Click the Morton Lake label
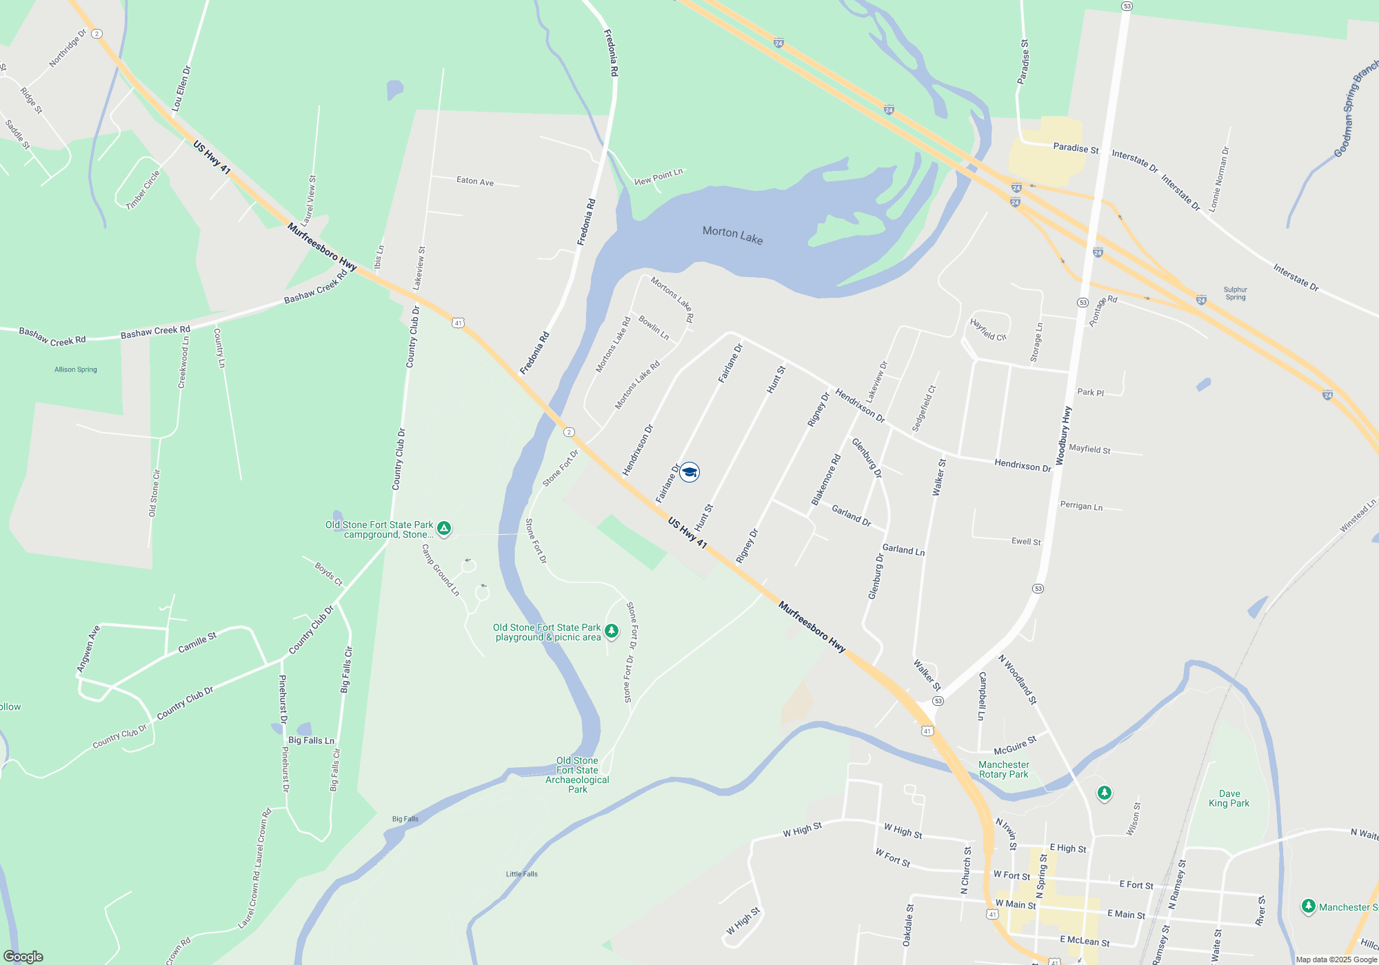click(x=732, y=234)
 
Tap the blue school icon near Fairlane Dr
click(x=689, y=472)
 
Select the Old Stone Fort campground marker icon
click(x=444, y=529)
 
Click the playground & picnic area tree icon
click(x=611, y=631)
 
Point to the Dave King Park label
click(x=1229, y=798)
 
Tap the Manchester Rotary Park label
click(x=1003, y=769)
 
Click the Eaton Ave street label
click(x=475, y=181)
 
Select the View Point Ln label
click(x=658, y=176)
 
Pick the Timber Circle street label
click(x=143, y=190)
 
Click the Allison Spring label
click(x=76, y=369)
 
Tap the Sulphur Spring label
click(x=1236, y=294)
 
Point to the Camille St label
click(x=197, y=642)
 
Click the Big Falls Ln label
click(x=311, y=740)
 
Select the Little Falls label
click(x=522, y=874)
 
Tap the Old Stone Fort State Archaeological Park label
click(x=578, y=775)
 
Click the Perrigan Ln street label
click(x=1081, y=506)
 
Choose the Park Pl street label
click(x=1091, y=392)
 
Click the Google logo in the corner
click(x=23, y=957)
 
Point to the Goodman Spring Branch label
click(x=1355, y=110)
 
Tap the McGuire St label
click(x=1015, y=746)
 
